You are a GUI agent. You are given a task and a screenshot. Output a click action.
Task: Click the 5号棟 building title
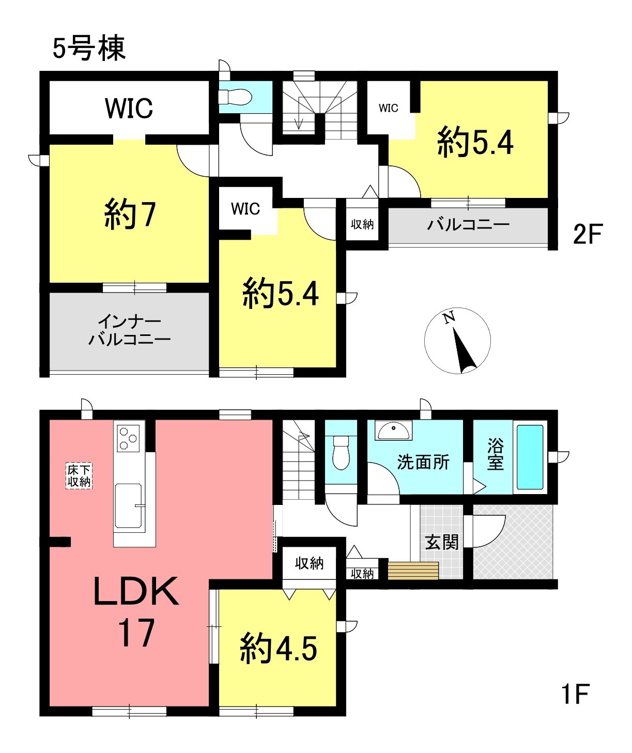coord(89,49)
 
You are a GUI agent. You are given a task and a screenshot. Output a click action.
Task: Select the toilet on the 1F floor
coord(341,453)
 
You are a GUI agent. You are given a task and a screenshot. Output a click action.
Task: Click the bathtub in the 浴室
coord(530,457)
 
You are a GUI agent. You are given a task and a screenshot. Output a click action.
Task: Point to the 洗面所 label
coord(423,462)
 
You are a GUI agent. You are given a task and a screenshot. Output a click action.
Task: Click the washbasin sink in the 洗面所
coord(393,430)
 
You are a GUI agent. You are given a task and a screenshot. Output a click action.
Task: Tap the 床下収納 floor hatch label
coord(79,476)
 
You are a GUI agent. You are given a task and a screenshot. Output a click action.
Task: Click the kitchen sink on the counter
coord(128,505)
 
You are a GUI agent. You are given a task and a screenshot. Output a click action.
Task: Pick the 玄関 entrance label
coord(441,542)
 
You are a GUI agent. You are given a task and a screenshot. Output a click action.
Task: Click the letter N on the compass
coord(449,318)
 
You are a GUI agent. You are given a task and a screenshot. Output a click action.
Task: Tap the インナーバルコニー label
coord(129,330)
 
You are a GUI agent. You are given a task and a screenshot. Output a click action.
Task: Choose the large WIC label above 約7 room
coord(129,108)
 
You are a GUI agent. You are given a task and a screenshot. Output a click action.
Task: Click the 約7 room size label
coord(130,215)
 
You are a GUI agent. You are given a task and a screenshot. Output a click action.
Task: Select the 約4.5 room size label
coord(279,649)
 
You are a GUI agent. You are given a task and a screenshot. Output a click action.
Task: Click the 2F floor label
coord(588,234)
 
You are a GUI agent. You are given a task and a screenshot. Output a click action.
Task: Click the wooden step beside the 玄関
coord(413,571)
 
